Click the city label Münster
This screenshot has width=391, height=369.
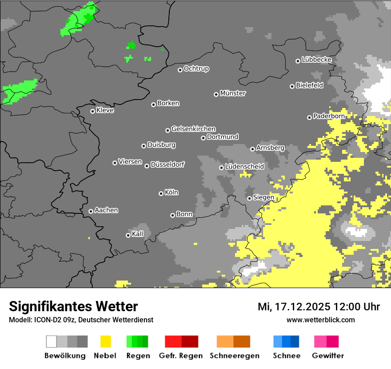pyautogui.click(x=233, y=93)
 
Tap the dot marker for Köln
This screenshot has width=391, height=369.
pyautogui.click(x=161, y=193)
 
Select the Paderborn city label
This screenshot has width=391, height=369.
pyautogui.click(x=329, y=116)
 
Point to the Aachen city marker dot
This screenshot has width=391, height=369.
pyautogui.click(x=91, y=211)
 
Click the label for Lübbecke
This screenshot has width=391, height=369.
pyautogui.click(x=316, y=60)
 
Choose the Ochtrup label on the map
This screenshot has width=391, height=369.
pyautogui.click(x=196, y=68)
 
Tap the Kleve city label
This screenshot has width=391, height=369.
pyautogui.click(x=105, y=110)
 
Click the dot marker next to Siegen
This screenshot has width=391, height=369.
pyautogui.click(x=249, y=198)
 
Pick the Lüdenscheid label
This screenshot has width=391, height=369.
pyautogui.click(x=244, y=166)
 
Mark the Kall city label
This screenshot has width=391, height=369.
pyautogui.click(x=138, y=234)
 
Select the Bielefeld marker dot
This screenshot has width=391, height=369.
pyautogui.click(x=292, y=86)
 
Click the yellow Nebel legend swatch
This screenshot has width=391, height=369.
pyautogui.click(x=105, y=341)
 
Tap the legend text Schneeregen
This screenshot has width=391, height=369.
pyautogui.click(x=234, y=356)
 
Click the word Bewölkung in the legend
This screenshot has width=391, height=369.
pyautogui.click(x=65, y=356)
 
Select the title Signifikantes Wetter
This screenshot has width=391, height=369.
pyautogui.click(x=73, y=306)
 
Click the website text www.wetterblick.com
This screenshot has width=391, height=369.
pyautogui.click(x=320, y=320)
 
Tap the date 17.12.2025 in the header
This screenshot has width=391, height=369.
pyautogui.click(x=302, y=307)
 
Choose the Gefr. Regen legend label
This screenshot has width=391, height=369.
pyautogui.click(x=181, y=356)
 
